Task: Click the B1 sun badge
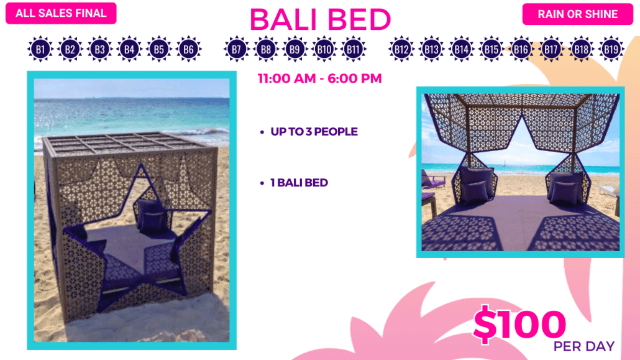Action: click(40, 50)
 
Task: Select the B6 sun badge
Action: click(188, 50)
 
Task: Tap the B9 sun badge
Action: click(295, 50)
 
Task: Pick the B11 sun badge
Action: click(354, 50)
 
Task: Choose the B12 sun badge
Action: click(401, 50)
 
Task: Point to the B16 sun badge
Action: click(521, 50)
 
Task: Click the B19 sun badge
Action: click(611, 50)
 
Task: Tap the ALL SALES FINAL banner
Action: click(61, 13)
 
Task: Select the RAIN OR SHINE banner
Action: click(577, 14)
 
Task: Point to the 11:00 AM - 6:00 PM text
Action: click(319, 78)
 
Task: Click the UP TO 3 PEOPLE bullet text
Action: click(314, 132)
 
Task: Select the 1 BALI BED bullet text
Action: click(299, 183)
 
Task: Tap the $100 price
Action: click(519, 324)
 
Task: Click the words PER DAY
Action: click(584, 346)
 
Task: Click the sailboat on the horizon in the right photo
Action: click(505, 164)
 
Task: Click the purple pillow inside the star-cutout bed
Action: click(152, 216)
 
